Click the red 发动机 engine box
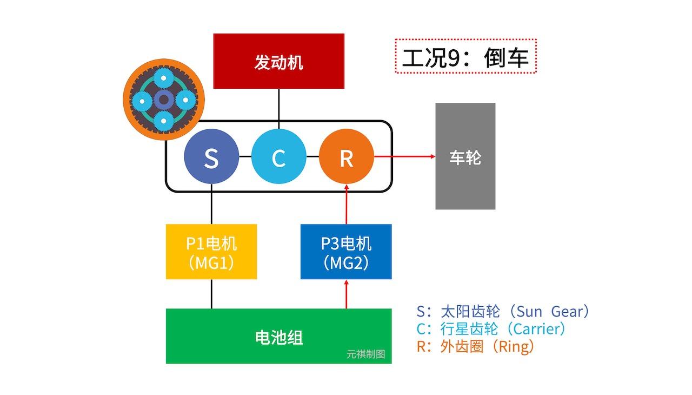(x=278, y=61)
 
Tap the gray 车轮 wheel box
(x=465, y=156)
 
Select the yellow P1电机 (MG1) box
(x=211, y=252)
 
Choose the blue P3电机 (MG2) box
(x=346, y=252)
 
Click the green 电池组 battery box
(x=278, y=336)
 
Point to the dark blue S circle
(x=211, y=157)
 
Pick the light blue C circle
(x=278, y=157)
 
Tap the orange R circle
(x=346, y=157)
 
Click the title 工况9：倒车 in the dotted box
(x=465, y=56)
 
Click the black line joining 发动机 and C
(x=279, y=109)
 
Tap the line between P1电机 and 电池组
(x=211, y=294)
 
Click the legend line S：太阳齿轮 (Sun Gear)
(x=502, y=312)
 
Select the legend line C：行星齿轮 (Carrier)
(x=491, y=329)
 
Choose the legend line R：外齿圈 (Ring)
(x=476, y=346)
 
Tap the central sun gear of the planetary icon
(x=163, y=100)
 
